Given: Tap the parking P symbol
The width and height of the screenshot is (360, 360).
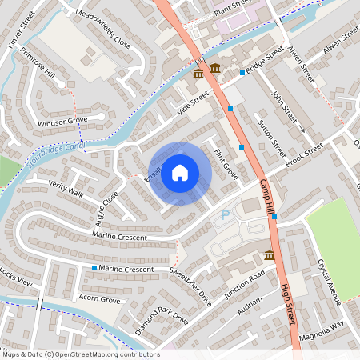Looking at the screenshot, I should click(x=224, y=215).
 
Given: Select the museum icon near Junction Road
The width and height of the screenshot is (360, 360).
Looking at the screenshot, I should click(x=270, y=255).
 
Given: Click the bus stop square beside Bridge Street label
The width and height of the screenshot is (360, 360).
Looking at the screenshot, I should click(x=242, y=73).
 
